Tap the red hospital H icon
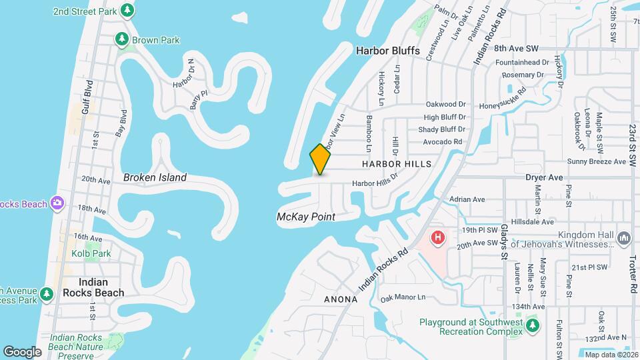[438, 237]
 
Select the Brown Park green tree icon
[122, 40]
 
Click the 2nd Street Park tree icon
[127, 11]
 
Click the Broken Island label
[155, 177]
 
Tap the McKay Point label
[305, 217]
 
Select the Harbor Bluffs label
[387, 50]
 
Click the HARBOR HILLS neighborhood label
[397, 163]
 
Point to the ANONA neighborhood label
[341, 299]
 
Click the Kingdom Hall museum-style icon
[625, 238]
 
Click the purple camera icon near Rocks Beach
[58, 203]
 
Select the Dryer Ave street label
[544, 177]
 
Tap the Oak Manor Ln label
[402, 297]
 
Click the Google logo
[22, 351]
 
